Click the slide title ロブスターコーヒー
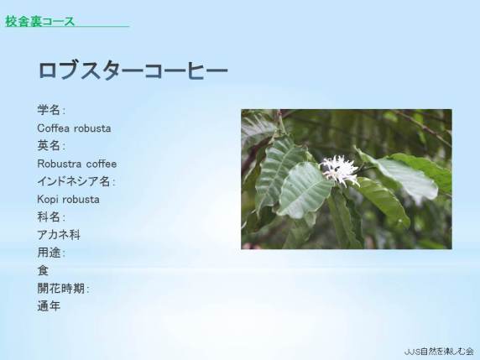[x=133, y=70]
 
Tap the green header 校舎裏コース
[x=39, y=22]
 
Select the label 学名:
[x=51, y=110]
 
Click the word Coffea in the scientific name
[x=53, y=128]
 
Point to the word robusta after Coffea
[x=92, y=128]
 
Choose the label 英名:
[x=51, y=146]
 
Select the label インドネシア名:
[x=76, y=181]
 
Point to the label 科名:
[x=51, y=217]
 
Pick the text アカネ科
[x=59, y=235]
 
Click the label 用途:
[x=51, y=253]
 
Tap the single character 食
[x=43, y=271]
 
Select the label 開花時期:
[x=63, y=289]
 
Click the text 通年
[x=49, y=306]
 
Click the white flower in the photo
[x=340, y=170]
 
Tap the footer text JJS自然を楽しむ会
[x=439, y=352]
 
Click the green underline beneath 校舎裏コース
[x=67, y=27]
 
